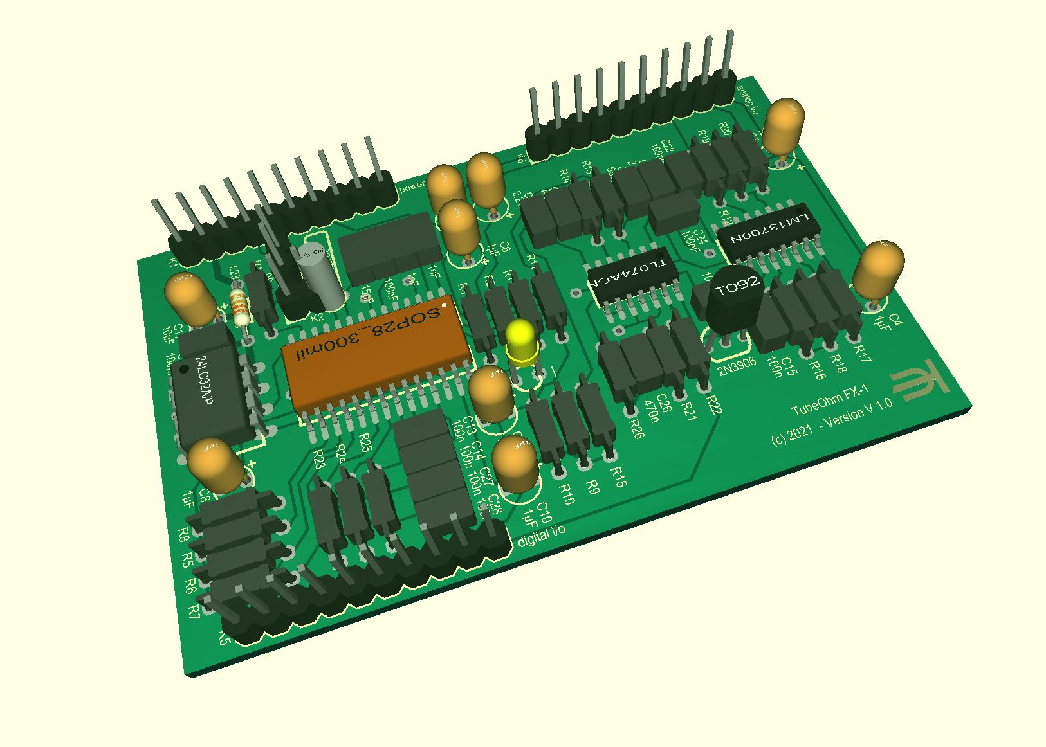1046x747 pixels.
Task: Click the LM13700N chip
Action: (767, 230)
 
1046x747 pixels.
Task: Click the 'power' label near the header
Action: (412, 187)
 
